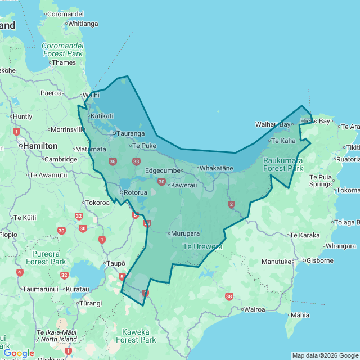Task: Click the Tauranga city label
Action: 130,133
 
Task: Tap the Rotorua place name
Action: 135,192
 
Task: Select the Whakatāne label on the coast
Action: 216,168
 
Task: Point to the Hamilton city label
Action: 40,146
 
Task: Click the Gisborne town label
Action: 320,260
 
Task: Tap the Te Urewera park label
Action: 202,246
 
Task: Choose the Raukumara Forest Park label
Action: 283,164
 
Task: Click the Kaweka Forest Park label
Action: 136,336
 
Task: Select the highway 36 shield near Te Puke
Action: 112,162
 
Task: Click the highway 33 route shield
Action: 136,162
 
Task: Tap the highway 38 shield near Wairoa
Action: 228,296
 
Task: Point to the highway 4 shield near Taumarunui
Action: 20,273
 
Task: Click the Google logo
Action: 19,353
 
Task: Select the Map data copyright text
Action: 325,355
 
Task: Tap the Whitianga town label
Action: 83,24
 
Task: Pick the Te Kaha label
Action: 283,141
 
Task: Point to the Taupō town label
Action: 115,263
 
